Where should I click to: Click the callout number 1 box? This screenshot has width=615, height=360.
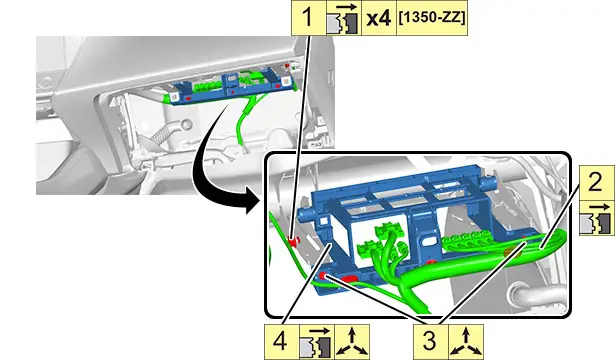tap(308, 18)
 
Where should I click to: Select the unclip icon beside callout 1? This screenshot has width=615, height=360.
tap(344, 18)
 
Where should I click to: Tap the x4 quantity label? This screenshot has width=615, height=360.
tap(379, 18)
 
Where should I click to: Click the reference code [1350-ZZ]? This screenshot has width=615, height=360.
tap(432, 18)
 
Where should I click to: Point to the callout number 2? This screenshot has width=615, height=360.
tap(597, 183)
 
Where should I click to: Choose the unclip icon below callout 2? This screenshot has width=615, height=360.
tap(597, 218)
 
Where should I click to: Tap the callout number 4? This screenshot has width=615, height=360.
tap(281, 342)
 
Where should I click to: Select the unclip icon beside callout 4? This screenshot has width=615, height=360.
tap(317, 342)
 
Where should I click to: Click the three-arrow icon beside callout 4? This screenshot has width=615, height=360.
tap(352, 342)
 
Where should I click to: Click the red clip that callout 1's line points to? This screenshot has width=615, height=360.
tap(293, 241)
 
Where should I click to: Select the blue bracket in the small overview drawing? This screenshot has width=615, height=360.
tap(230, 87)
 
